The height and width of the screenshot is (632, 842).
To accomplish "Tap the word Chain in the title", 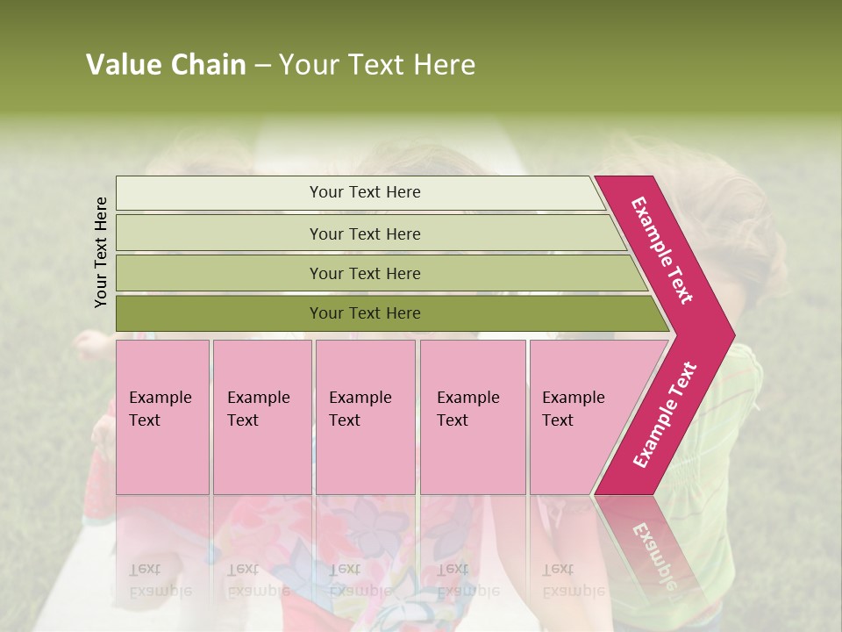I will (208, 65).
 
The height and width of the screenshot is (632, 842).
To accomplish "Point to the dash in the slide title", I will (262, 66).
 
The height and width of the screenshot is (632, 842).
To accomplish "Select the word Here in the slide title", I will (444, 65).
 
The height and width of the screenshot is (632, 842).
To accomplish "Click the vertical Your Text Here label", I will (101, 252).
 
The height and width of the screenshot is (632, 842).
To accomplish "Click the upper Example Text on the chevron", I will (662, 250).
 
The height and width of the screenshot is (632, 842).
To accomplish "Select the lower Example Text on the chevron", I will (665, 414).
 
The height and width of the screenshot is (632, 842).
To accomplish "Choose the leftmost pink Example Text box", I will (162, 416).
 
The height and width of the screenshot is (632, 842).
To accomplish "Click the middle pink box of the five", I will (365, 416).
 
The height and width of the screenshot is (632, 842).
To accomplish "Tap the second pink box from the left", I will (262, 416).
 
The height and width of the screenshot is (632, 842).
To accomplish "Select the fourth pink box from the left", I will (473, 416).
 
